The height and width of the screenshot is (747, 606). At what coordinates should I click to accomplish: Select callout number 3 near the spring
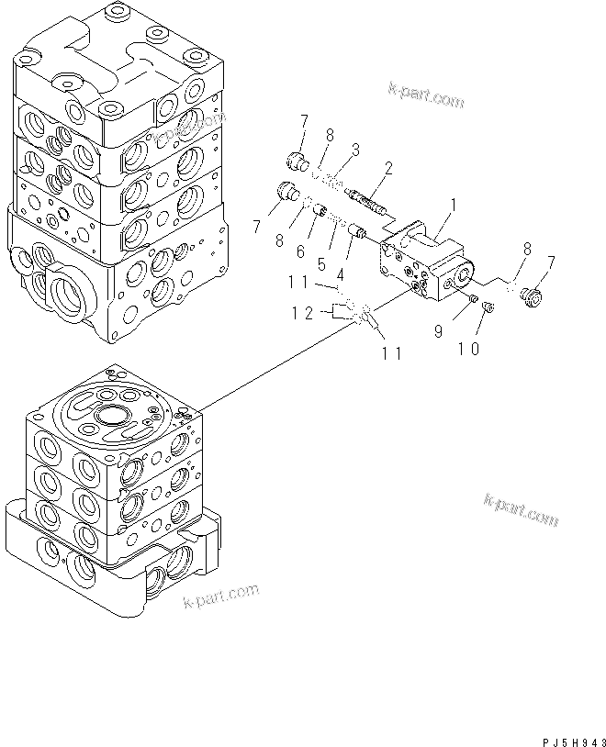(x=354, y=149)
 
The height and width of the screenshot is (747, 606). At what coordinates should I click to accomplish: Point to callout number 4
(x=341, y=273)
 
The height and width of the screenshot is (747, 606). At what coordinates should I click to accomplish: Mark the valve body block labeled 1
(x=424, y=262)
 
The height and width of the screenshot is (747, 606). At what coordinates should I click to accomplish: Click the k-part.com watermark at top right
(x=428, y=95)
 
